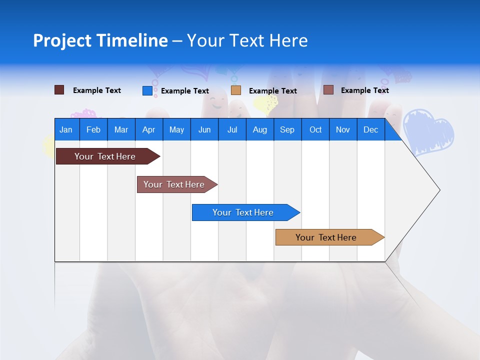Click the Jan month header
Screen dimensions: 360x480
tap(66, 129)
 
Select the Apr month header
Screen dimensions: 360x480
tap(149, 129)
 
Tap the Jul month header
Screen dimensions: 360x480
tap(232, 129)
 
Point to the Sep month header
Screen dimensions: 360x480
tap(287, 129)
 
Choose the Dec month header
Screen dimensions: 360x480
tap(370, 129)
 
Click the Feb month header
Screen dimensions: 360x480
tap(93, 129)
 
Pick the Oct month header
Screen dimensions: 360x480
tap(315, 129)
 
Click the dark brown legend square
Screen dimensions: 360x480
tap(59, 90)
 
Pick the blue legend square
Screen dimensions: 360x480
tap(147, 90)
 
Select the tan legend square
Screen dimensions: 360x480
tap(236, 90)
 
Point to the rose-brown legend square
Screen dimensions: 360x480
tap(328, 90)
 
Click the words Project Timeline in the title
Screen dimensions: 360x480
tap(100, 40)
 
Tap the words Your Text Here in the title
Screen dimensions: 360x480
tap(247, 40)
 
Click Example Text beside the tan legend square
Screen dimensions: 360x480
tap(272, 91)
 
